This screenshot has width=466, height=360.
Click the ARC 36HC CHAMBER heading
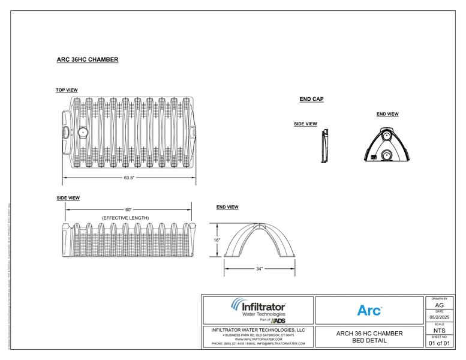[x=87, y=59]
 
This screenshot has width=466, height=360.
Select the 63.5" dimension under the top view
[x=129, y=178]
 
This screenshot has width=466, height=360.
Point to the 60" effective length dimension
[x=128, y=210]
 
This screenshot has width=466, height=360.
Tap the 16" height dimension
[x=217, y=240]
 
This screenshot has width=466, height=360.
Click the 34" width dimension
[x=259, y=269]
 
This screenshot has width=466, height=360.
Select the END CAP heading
[x=312, y=99]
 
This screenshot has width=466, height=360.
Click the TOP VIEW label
[x=67, y=90]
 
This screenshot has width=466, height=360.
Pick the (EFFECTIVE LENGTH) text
[x=125, y=217]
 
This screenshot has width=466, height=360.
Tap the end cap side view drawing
[x=324, y=146]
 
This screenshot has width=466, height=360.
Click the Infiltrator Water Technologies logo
[x=257, y=310]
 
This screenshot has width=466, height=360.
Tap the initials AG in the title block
[x=439, y=305]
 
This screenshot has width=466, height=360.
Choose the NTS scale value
[x=439, y=330]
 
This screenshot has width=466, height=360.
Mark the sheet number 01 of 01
[x=439, y=343]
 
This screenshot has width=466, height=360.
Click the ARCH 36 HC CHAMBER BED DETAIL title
[x=369, y=337]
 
